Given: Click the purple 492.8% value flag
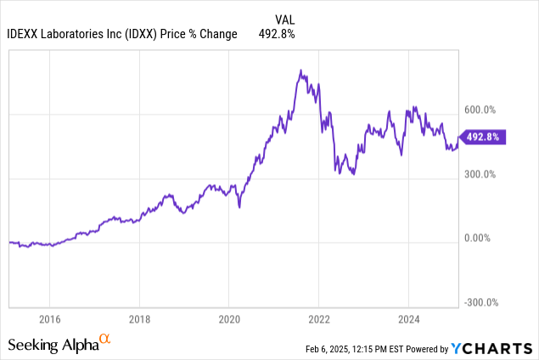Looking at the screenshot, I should coord(482,137).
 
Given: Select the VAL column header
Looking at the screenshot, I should coord(286,19).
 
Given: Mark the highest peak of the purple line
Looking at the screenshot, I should coord(300,70).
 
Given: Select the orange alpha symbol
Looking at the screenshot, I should coord(105,340).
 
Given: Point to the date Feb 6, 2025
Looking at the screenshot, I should coord(336,349).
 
